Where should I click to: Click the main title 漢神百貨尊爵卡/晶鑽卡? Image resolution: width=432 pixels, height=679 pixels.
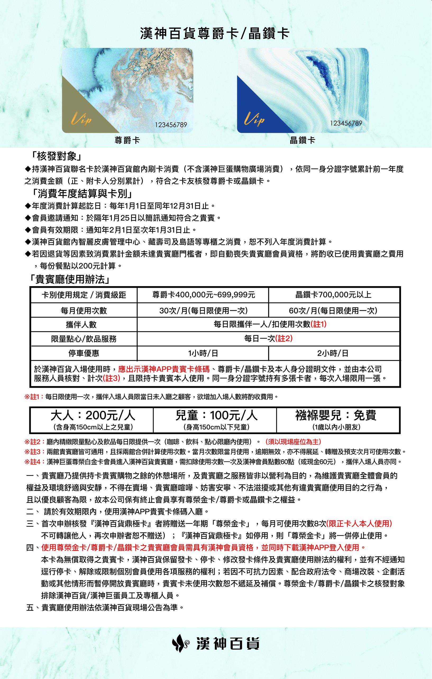(x=215, y=34)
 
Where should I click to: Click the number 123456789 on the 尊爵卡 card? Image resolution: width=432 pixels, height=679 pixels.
(x=171, y=125)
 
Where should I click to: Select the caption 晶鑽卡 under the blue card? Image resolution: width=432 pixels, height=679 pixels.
(x=302, y=140)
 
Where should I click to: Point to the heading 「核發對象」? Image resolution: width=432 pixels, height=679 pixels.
(x=57, y=156)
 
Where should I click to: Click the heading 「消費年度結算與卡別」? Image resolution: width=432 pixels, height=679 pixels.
(x=82, y=193)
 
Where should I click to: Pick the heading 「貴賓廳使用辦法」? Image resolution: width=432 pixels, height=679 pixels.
(x=70, y=279)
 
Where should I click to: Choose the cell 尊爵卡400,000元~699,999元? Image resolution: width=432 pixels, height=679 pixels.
(x=204, y=295)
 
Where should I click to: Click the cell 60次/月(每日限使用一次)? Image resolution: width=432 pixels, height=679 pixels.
(x=333, y=311)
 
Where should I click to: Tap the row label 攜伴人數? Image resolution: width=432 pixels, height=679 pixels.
(x=81, y=325)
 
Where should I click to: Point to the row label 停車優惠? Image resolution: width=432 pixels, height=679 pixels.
(x=84, y=353)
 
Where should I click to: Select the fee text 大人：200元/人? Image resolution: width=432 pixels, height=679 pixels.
(x=93, y=415)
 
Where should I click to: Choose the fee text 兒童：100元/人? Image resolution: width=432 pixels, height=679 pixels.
(x=217, y=415)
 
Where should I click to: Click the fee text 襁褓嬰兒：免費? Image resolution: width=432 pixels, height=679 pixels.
(x=336, y=415)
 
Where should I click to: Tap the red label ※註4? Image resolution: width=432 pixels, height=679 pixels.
(x=34, y=462)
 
